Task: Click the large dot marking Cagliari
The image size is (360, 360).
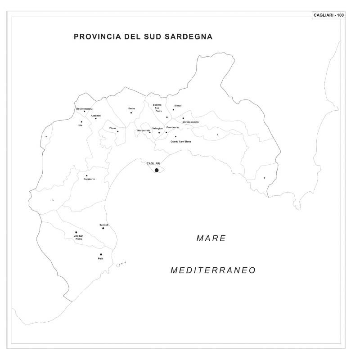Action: click(x=157, y=170)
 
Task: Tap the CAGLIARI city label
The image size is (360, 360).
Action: click(x=153, y=163)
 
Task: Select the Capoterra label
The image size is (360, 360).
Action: click(x=89, y=179)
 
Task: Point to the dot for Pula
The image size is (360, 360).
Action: click(x=101, y=254)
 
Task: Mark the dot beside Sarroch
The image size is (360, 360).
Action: click(x=103, y=228)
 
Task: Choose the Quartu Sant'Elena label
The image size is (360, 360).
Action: click(x=180, y=142)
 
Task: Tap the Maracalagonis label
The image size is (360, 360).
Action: click(x=190, y=122)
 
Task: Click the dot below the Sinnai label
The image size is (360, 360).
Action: click(x=173, y=109)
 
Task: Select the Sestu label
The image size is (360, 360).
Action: click(x=131, y=108)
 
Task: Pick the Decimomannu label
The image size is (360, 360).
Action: click(x=84, y=108)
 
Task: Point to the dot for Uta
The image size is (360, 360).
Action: click(x=81, y=121)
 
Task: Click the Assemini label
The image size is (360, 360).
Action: click(x=96, y=116)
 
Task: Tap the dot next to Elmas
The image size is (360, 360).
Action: click(x=118, y=131)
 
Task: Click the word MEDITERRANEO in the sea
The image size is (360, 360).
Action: click(x=213, y=270)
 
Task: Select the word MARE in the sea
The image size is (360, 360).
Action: click(x=211, y=238)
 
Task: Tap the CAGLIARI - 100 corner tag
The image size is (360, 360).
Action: click(x=328, y=15)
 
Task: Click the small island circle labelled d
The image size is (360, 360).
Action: click(x=118, y=265)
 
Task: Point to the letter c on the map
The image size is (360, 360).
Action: click(x=264, y=178)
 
